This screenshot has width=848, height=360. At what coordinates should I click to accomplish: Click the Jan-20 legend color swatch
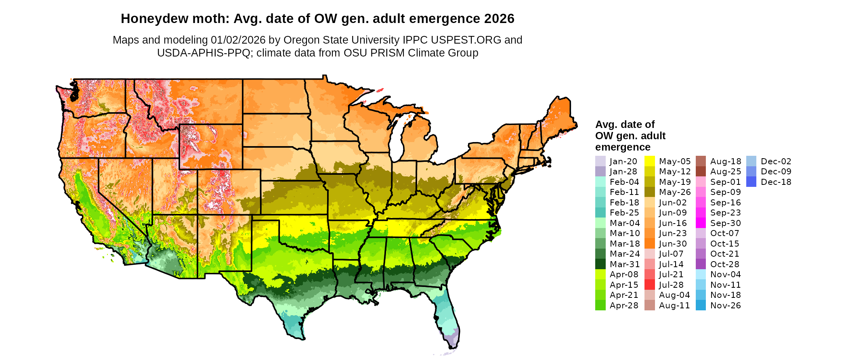(x=600, y=161)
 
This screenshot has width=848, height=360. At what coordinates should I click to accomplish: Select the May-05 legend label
(x=675, y=161)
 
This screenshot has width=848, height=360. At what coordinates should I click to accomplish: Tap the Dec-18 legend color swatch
(x=751, y=182)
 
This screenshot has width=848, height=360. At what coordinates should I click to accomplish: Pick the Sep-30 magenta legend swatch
(x=701, y=223)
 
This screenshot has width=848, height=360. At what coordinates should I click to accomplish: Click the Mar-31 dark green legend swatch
(x=600, y=264)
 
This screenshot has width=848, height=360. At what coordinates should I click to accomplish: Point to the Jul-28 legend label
(x=671, y=285)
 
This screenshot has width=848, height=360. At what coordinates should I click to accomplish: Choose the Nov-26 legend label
(x=725, y=305)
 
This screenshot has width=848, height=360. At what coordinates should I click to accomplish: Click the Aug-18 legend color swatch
(x=701, y=161)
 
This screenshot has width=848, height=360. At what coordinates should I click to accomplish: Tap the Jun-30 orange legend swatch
(x=650, y=243)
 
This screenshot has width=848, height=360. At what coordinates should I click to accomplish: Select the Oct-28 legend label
(x=724, y=264)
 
